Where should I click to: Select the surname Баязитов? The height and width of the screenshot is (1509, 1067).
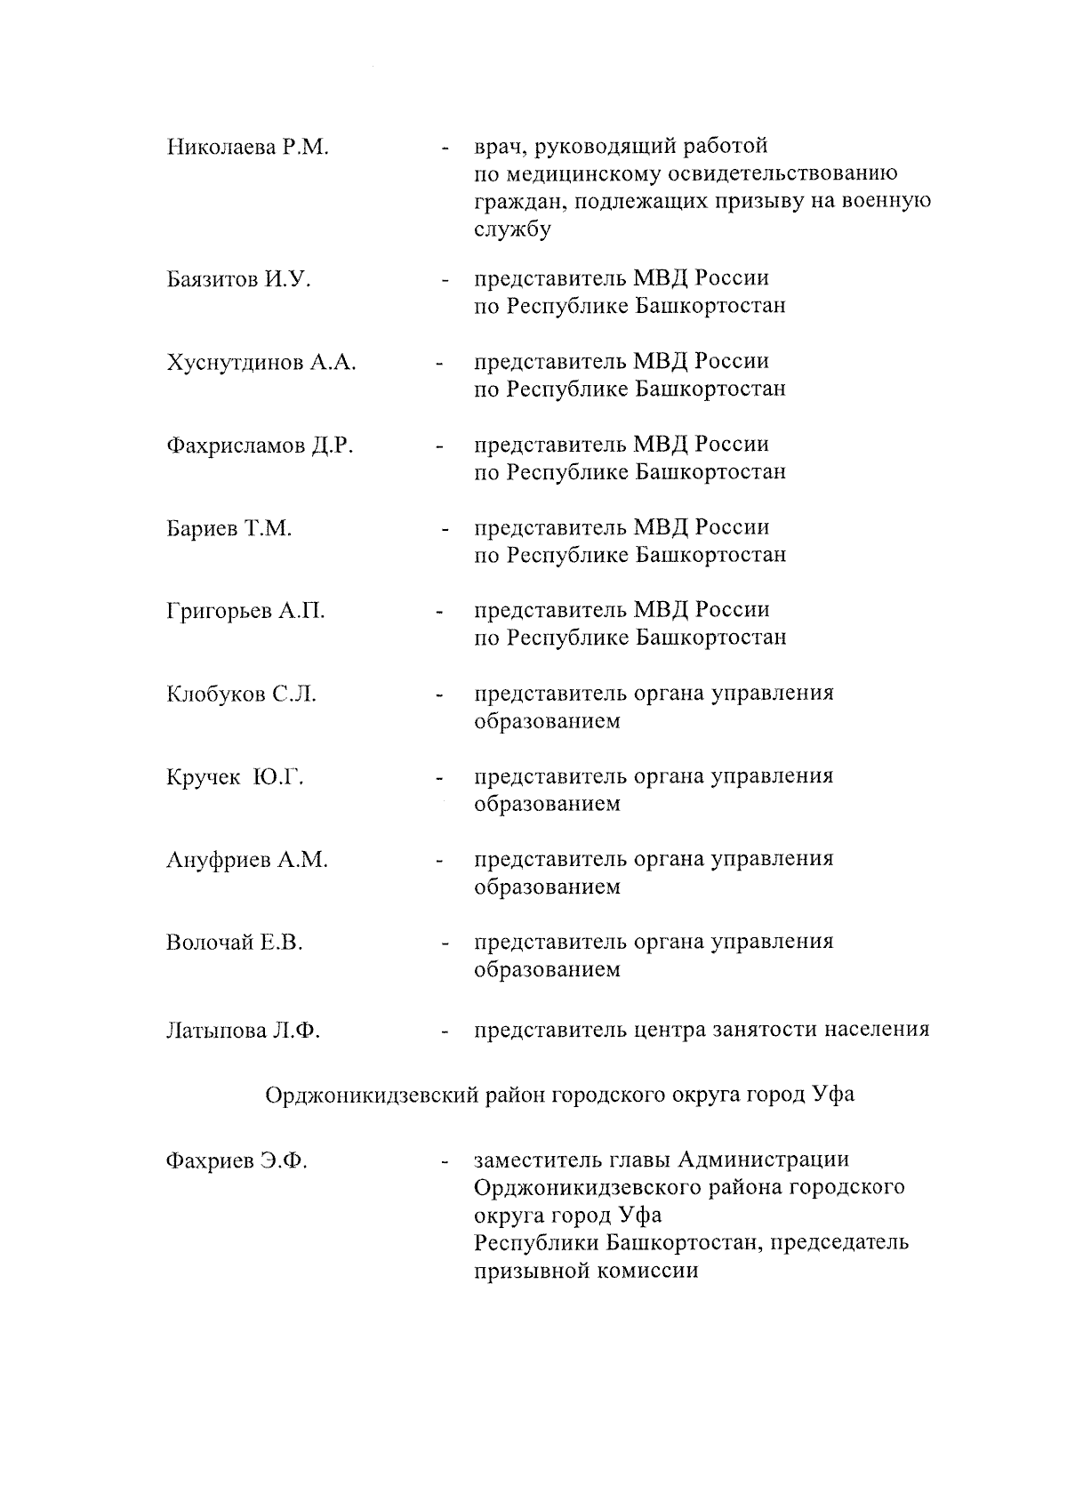click(x=212, y=280)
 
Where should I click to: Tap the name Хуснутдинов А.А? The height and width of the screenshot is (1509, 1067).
click(x=261, y=363)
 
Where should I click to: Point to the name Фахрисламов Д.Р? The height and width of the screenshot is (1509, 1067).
click(x=260, y=445)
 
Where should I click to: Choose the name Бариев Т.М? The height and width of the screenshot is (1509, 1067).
click(x=229, y=529)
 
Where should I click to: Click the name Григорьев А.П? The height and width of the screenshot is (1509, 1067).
click(x=245, y=612)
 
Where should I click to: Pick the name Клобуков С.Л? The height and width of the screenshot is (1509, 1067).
click(x=241, y=694)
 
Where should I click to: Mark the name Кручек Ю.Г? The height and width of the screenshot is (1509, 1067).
click(x=235, y=778)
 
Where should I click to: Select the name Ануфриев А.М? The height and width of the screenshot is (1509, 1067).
click(x=246, y=861)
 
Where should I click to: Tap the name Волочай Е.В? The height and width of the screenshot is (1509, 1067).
click(x=234, y=943)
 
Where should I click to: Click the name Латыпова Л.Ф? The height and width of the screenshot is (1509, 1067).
click(x=243, y=1031)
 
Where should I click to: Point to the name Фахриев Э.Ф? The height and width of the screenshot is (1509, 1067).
click(x=237, y=1161)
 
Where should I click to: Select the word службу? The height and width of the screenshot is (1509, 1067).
click(x=512, y=229)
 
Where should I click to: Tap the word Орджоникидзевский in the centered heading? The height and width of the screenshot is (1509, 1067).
click(x=372, y=1095)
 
